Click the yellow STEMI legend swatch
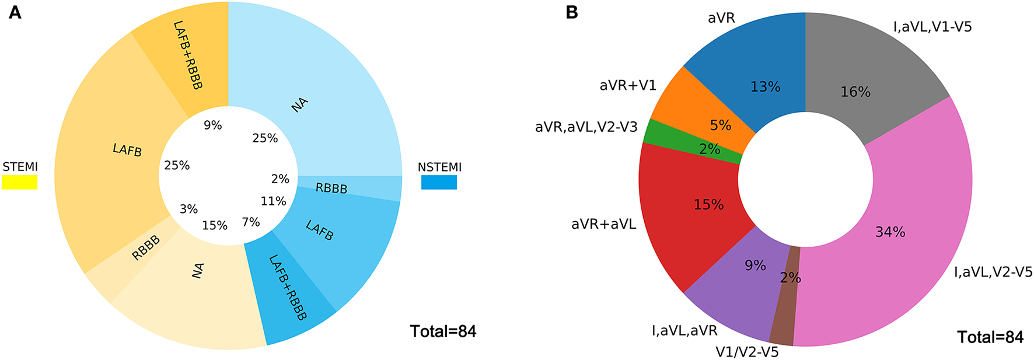click(19, 183)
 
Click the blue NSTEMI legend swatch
click(439, 183)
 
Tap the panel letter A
click(15, 12)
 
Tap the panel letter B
click(572, 12)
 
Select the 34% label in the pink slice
click(890, 232)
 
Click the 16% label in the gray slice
click(855, 92)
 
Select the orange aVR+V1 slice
click(689, 102)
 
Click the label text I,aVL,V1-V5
click(932, 27)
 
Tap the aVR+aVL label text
click(603, 224)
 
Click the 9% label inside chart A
click(212, 125)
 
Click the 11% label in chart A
click(273, 201)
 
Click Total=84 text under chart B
click(990, 337)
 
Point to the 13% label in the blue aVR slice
click(765, 87)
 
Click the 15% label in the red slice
click(708, 205)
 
